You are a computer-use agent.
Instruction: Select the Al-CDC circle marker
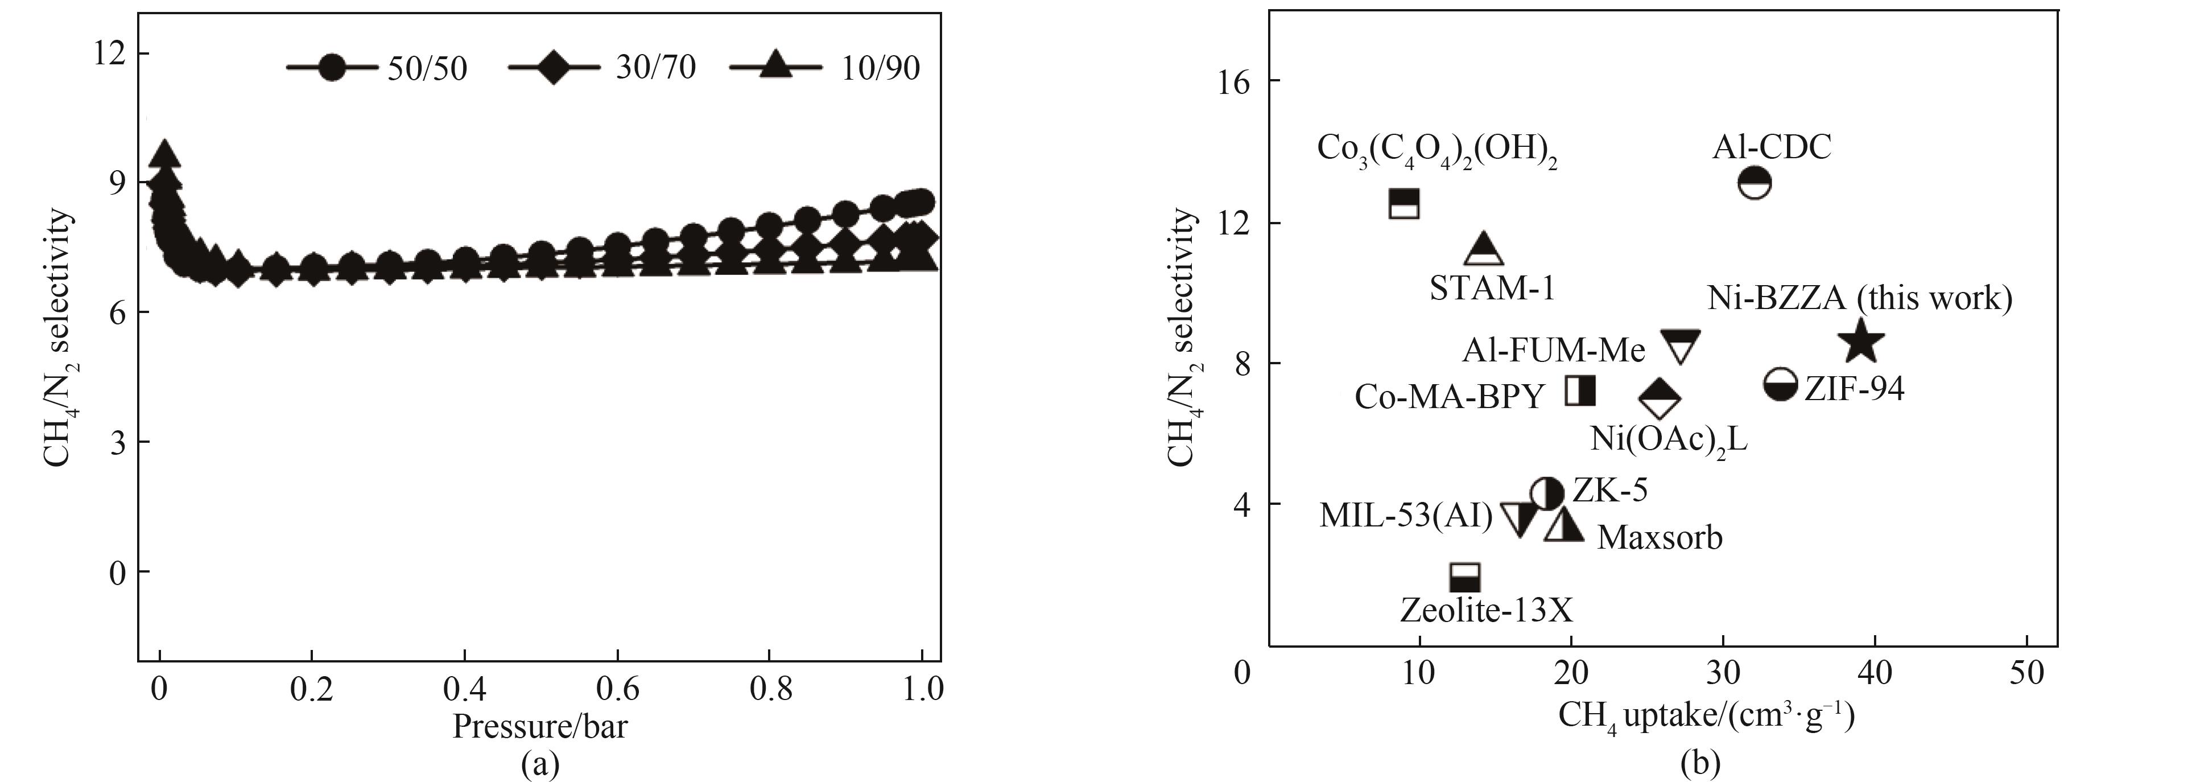pos(1755,183)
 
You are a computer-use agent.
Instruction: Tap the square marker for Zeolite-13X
pos(1464,578)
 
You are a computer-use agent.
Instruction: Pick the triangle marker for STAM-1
pos(1484,249)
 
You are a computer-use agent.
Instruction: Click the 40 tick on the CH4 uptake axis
pos(1874,672)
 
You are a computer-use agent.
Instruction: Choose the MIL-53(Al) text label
pos(1406,516)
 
